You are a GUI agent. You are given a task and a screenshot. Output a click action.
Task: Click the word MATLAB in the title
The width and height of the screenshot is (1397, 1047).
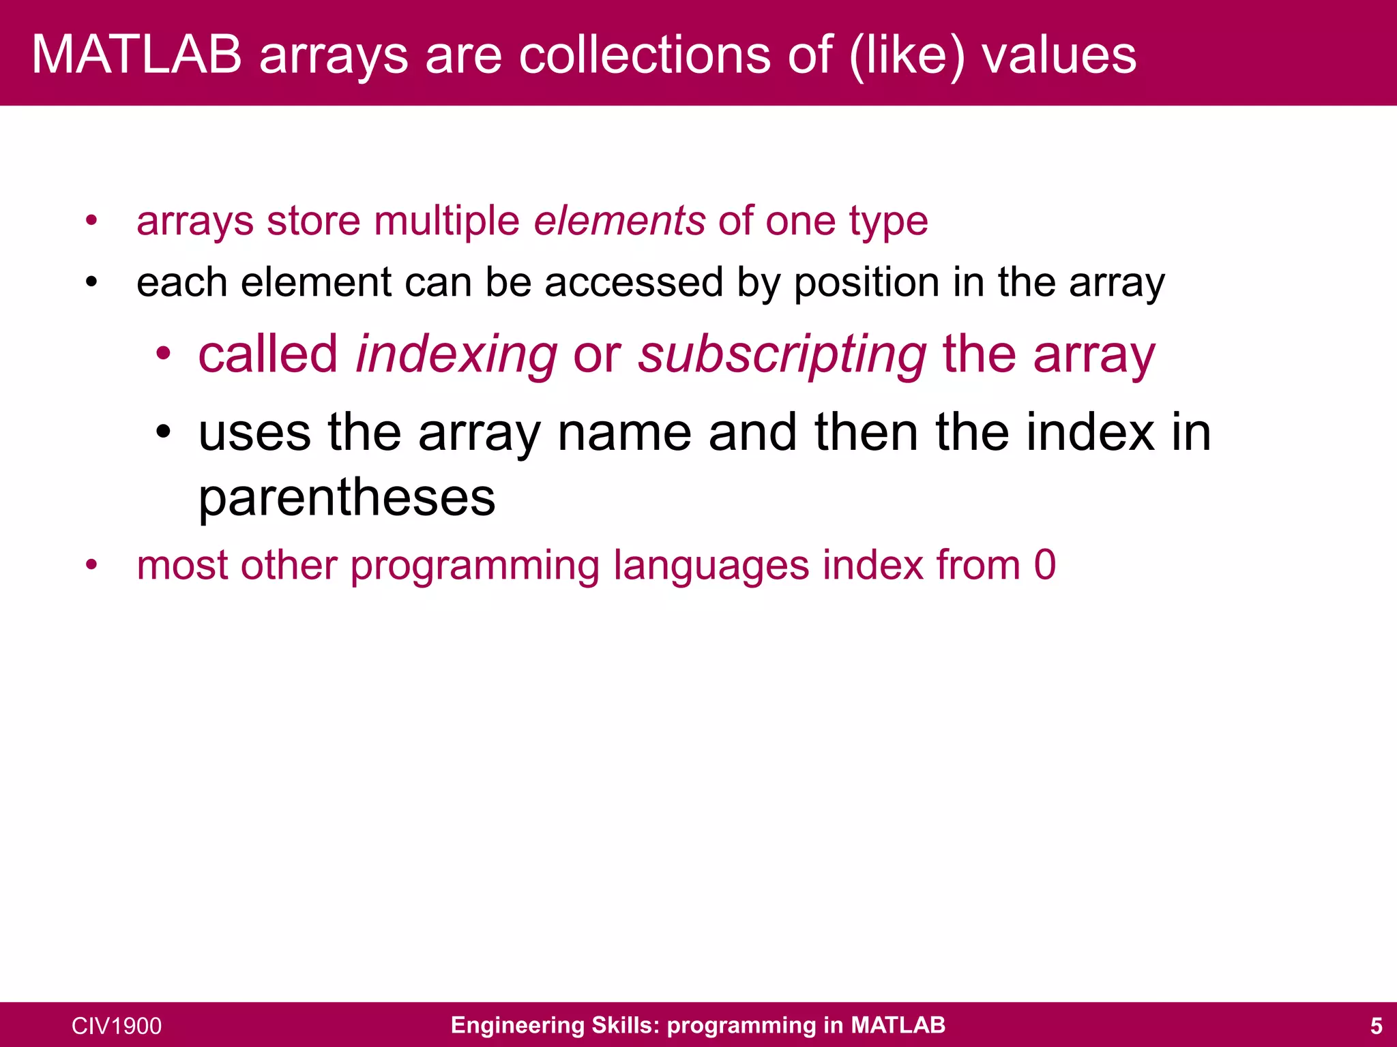coord(136,55)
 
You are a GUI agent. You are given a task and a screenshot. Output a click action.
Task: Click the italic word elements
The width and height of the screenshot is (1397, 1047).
coord(619,221)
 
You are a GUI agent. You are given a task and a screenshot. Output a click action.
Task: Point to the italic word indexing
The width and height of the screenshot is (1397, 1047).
coord(456,354)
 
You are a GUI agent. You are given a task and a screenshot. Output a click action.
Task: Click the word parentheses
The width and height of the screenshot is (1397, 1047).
coord(347,498)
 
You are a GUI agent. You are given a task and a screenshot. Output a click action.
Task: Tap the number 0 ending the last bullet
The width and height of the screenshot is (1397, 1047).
coord(1044,565)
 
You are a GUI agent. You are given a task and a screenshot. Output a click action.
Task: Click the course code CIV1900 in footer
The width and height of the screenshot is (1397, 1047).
coord(117,1026)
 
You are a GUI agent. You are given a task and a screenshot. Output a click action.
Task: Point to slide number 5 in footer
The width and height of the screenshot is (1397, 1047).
coord(1376,1026)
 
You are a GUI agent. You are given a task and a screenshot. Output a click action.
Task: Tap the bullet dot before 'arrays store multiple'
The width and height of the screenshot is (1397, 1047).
coord(91,222)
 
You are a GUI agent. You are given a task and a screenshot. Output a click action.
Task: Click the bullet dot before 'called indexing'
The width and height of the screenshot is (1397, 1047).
coord(162,354)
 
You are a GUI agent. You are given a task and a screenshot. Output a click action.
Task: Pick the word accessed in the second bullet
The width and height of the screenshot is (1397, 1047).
coord(633,283)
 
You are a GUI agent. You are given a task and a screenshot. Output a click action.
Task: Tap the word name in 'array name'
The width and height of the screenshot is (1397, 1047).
coord(624,433)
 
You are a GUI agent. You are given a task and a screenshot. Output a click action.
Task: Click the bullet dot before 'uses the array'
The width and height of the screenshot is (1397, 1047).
coord(162,432)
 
